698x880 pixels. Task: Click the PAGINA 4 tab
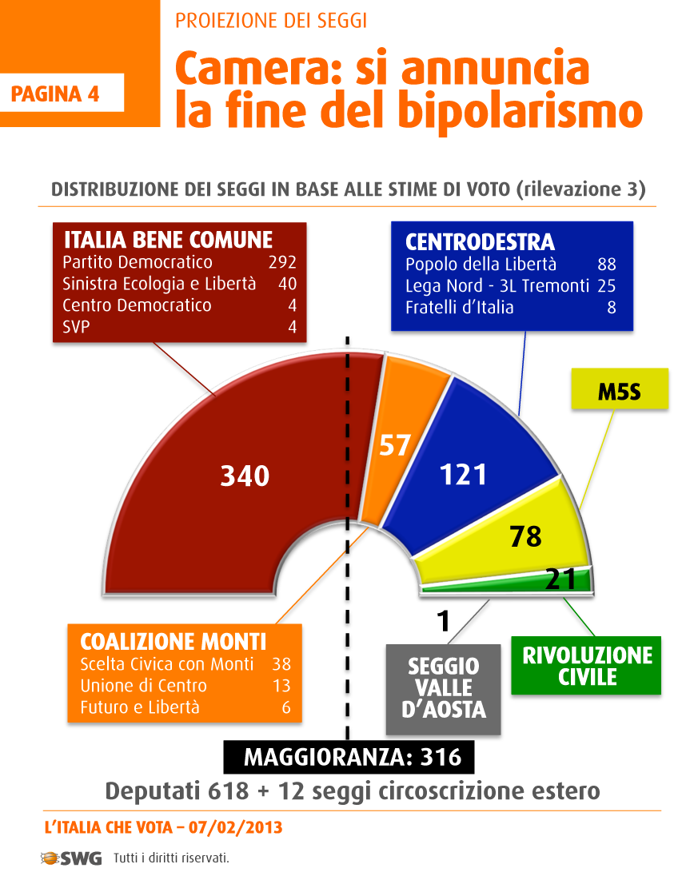click(x=55, y=94)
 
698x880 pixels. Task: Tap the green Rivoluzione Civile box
click(x=587, y=666)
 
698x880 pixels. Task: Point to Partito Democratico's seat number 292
click(x=282, y=262)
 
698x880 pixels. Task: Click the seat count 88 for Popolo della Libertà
click(x=607, y=265)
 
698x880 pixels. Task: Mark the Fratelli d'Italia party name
click(x=459, y=308)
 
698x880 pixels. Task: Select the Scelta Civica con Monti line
click(x=167, y=664)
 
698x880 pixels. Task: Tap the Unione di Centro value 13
click(x=281, y=686)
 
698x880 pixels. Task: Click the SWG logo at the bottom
click(x=71, y=858)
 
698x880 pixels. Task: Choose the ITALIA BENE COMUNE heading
click(x=168, y=240)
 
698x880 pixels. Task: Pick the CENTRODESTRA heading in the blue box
click(x=480, y=242)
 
